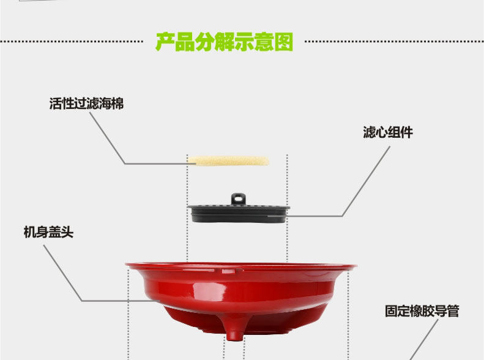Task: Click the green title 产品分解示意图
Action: (x=224, y=42)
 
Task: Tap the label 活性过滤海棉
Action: (x=86, y=104)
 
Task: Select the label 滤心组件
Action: (x=388, y=133)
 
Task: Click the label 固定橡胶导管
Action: (x=422, y=311)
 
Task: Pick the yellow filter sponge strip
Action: (x=228, y=160)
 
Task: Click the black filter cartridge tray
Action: (x=239, y=213)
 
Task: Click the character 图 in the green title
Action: (x=283, y=42)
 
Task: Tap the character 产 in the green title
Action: (x=165, y=42)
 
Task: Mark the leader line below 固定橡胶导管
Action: (x=417, y=346)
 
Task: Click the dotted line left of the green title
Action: (x=73, y=42)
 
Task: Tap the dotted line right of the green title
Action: (x=392, y=42)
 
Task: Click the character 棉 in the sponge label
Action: (x=117, y=104)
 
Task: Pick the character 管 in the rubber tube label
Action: (x=452, y=311)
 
